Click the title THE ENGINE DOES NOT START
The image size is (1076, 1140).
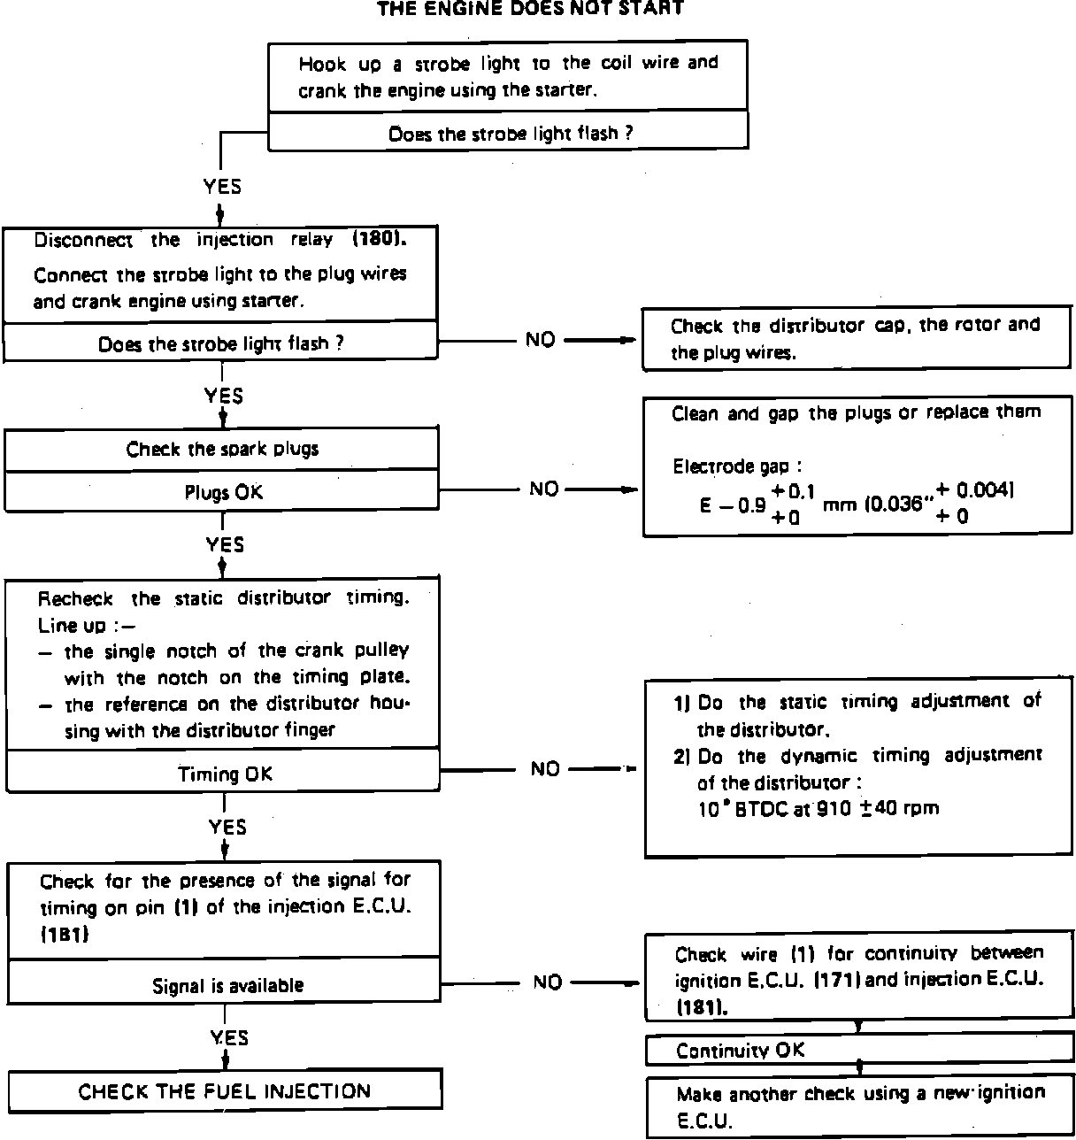click(531, 9)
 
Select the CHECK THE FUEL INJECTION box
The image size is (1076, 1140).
click(225, 1091)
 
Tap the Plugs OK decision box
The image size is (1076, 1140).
click(222, 492)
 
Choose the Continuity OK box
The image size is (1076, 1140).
click(858, 1050)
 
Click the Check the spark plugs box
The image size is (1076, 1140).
click(222, 449)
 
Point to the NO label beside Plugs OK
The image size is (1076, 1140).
click(543, 489)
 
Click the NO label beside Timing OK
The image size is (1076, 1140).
click(545, 768)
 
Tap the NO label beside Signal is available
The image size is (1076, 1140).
click(548, 982)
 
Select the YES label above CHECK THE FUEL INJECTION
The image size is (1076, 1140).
click(229, 1037)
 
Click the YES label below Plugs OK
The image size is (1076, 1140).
click(225, 543)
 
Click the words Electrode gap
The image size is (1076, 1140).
click(731, 466)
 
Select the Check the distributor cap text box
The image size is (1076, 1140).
click(856, 338)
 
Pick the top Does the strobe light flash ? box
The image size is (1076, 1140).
click(509, 134)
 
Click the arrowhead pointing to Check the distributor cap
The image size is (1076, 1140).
click(629, 340)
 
